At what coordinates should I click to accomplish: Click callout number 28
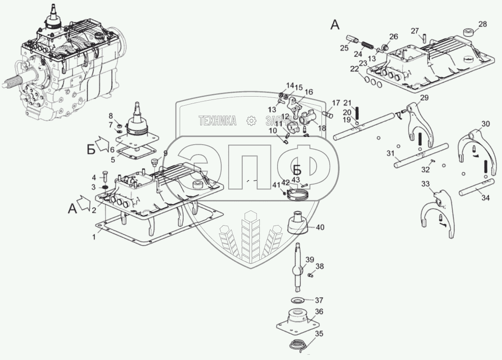482,24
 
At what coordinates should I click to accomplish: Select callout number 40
319,227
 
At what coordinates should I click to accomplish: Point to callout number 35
319,334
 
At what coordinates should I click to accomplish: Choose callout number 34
486,198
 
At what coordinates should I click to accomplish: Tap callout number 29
423,98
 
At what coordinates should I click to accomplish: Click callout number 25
344,48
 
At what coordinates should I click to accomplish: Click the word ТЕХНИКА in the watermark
217,120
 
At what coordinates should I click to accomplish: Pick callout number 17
336,103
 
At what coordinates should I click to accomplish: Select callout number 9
165,153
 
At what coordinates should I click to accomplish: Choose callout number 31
390,154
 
